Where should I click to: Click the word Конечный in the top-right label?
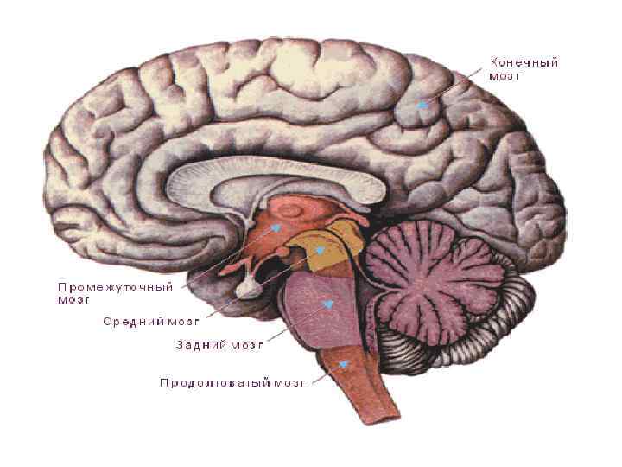[524, 62]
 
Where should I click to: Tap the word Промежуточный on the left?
[116, 285]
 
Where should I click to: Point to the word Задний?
[201, 343]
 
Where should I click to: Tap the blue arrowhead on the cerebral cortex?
[422, 105]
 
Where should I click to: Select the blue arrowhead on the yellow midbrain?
[321, 250]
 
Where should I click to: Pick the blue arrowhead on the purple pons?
[327, 304]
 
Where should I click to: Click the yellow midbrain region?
[333, 246]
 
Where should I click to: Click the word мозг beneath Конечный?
[506, 75]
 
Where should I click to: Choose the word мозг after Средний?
[182, 321]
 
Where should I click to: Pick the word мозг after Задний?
[245, 343]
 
